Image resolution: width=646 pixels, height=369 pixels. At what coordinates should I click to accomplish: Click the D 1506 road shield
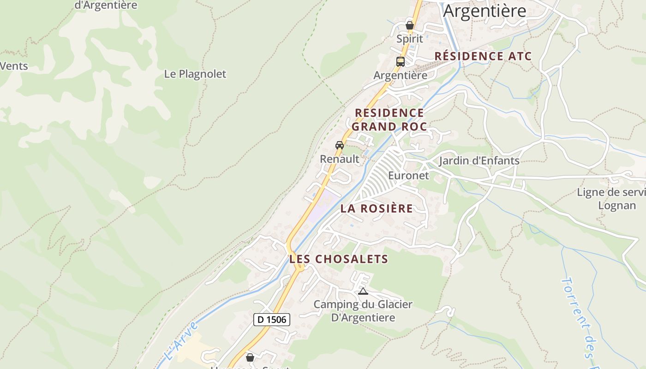pyautogui.click(x=271, y=319)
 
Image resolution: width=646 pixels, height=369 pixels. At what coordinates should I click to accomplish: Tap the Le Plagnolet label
pyautogui.click(x=195, y=74)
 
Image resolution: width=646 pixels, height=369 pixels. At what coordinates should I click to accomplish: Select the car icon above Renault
pyautogui.click(x=340, y=145)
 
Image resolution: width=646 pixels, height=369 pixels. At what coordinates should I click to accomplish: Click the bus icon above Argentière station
pyautogui.click(x=400, y=61)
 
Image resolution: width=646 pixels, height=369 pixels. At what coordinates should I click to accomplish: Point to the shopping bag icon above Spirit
pyautogui.click(x=409, y=25)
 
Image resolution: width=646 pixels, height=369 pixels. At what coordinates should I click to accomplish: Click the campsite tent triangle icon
pyautogui.click(x=363, y=291)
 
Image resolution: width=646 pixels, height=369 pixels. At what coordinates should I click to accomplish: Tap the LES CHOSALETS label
pyautogui.click(x=339, y=259)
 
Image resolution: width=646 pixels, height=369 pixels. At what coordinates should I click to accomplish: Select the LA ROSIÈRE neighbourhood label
pyautogui.click(x=377, y=208)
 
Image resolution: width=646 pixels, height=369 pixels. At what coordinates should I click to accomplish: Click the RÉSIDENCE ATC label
pyautogui.click(x=483, y=56)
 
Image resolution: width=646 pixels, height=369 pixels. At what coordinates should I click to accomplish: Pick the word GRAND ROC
pyautogui.click(x=389, y=126)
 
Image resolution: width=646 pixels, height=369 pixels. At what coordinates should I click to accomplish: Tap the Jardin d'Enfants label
pyautogui.click(x=479, y=161)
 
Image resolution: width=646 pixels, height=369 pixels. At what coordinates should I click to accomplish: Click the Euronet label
pyautogui.click(x=408, y=175)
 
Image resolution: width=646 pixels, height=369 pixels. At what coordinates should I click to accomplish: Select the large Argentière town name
pyautogui.click(x=484, y=10)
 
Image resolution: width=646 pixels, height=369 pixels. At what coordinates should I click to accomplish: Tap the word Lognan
pyautogui.click(x=617, y=205)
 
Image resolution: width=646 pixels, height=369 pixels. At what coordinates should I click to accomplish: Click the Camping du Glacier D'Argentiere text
pyautogui.click(x=363, y=311)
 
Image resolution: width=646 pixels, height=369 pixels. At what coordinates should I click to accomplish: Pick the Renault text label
pyautogui.click(x=340, y=159)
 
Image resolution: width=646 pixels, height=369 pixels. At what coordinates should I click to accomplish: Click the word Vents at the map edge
pyautogui.click(x=14, y=66)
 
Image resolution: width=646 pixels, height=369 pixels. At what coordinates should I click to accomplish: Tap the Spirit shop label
pyautogui.click(x=409, y=39)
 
